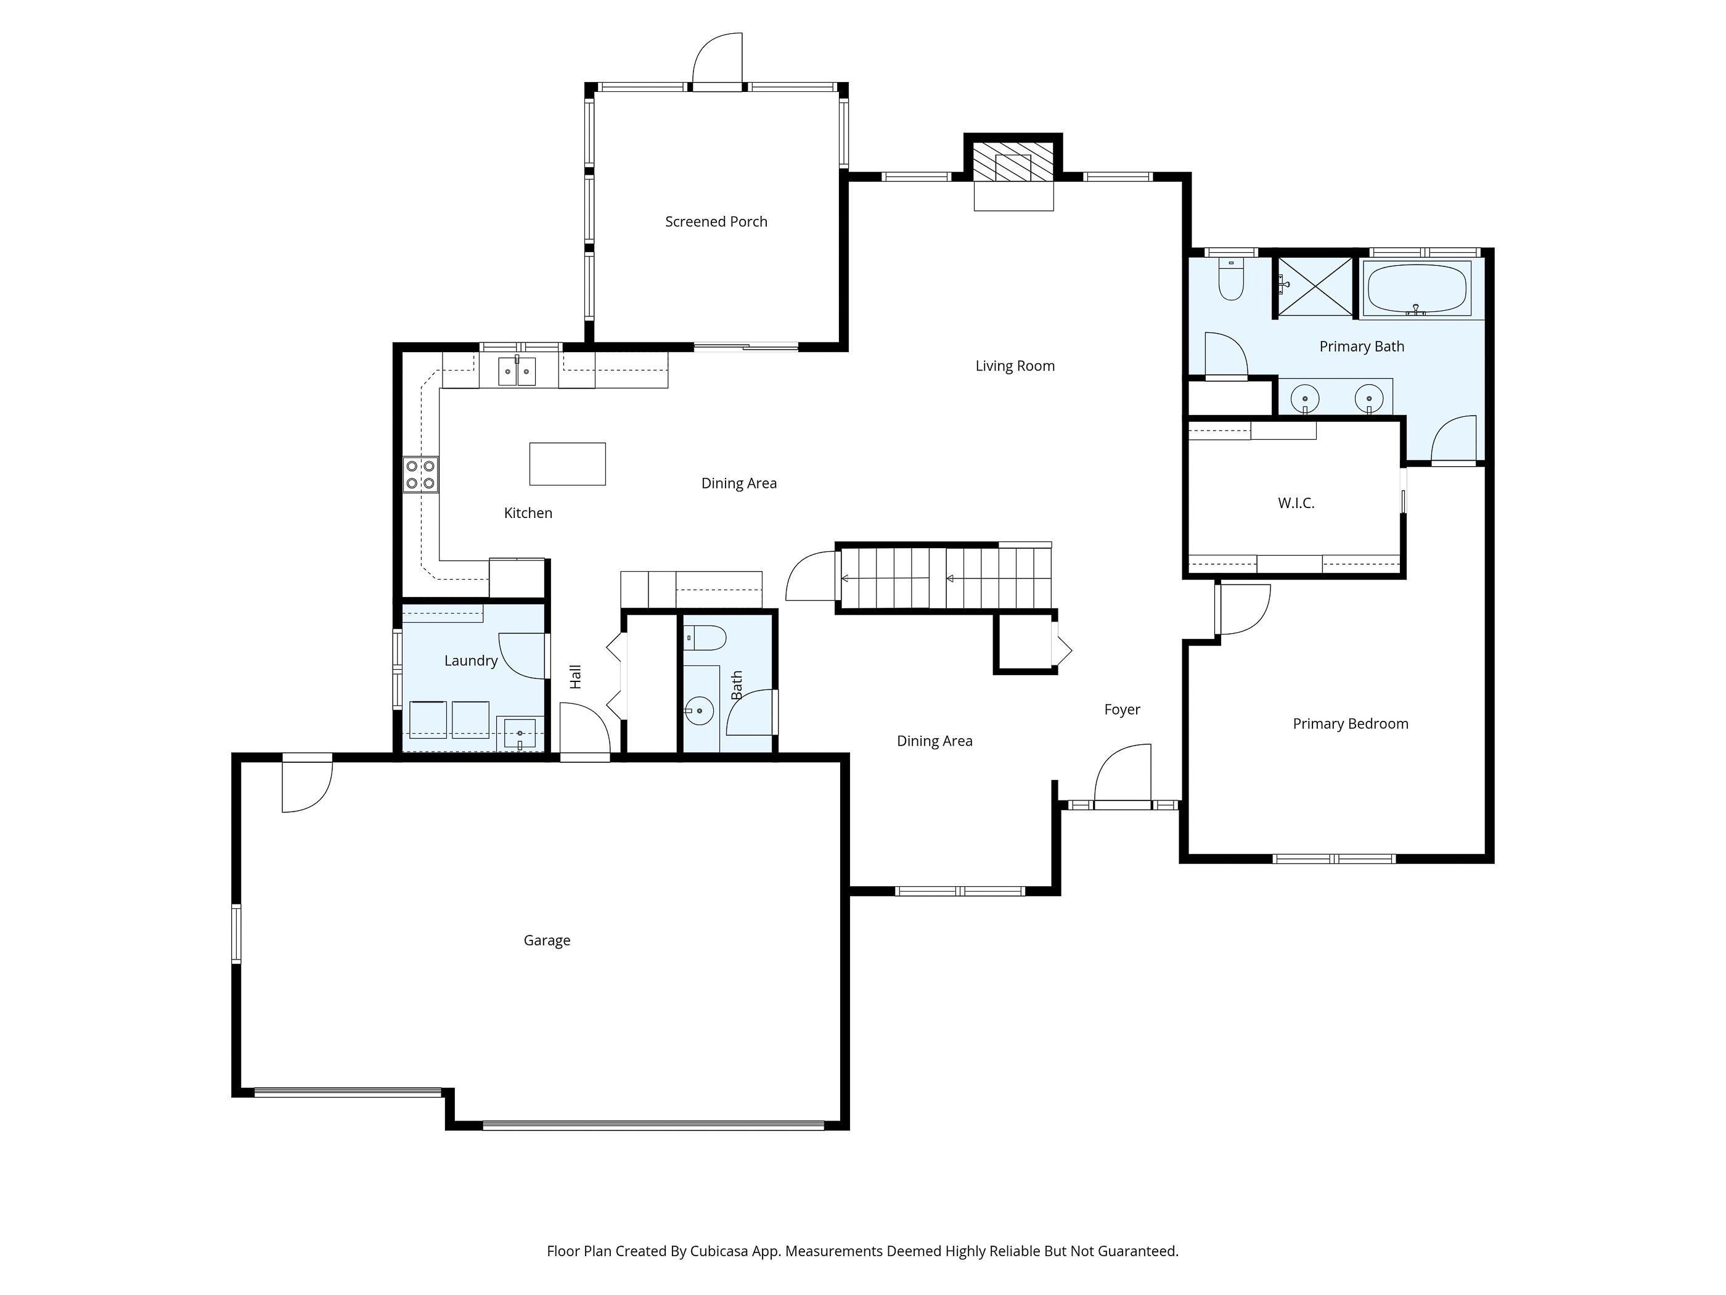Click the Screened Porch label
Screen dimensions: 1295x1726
(716, 221)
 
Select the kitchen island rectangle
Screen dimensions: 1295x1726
(567, 464)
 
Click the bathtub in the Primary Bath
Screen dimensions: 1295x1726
(1415, 288)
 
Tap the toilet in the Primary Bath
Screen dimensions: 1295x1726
(1231, 280)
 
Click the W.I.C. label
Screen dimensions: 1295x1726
(1296, 503)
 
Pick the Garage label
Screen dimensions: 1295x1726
(546, 940)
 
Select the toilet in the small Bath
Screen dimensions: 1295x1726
(706, 638)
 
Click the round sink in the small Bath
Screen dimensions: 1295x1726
(699, 710)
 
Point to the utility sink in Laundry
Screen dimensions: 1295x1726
(520, 734)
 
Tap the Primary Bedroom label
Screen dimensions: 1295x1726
(1350, 723)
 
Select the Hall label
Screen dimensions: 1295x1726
(576, 676)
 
